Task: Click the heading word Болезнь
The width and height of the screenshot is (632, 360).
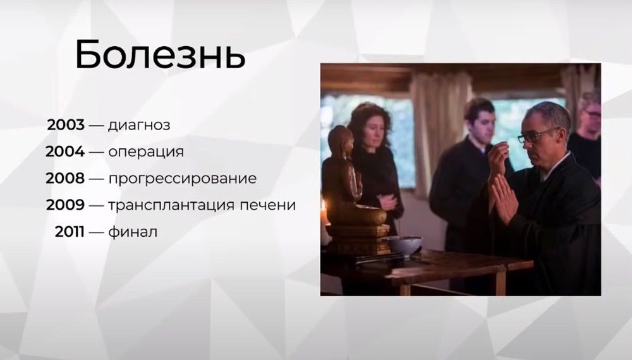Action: click(x=160, y=55)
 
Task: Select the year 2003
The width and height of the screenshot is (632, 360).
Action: click(x=66, y=125)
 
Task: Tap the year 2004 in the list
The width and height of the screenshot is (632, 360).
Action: click(x=65, y=152)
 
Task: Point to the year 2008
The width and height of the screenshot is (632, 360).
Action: click(x=65, y=178)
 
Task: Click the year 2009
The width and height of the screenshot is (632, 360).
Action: click(x=65, y=205)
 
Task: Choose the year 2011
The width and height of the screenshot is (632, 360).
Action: click(x=70, y=232)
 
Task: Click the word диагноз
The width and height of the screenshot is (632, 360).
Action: click(x=139, y=126)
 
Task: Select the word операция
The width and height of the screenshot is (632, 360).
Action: click(x=146, y=152)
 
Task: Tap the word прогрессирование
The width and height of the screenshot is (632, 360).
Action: click(x=183, y=179)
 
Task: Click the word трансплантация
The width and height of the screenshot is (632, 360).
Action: click(x=171, y=205)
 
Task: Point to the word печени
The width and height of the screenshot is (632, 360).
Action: click(x=268, y=205)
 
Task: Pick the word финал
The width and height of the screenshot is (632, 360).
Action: click(x=133, y=232)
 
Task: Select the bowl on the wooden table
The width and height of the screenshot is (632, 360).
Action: click(x=404, y=245)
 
